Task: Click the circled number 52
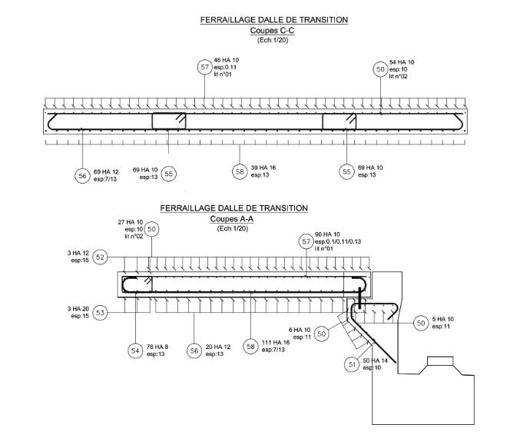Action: tap(100, 257)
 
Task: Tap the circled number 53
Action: tap(100, 312)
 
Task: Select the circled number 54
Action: tap(135, 350)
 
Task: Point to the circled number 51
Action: tap(353, 364)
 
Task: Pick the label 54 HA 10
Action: tap(402, 61)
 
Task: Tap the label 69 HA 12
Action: tap(107, 170)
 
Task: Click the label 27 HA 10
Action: tap(131, 221)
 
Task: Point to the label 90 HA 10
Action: tap(327, 234)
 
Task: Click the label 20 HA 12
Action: tap(220, 347)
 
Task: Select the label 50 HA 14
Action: tap(378, 360)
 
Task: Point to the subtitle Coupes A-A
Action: tap(234, 218)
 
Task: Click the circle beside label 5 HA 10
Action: tap(422, 323)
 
